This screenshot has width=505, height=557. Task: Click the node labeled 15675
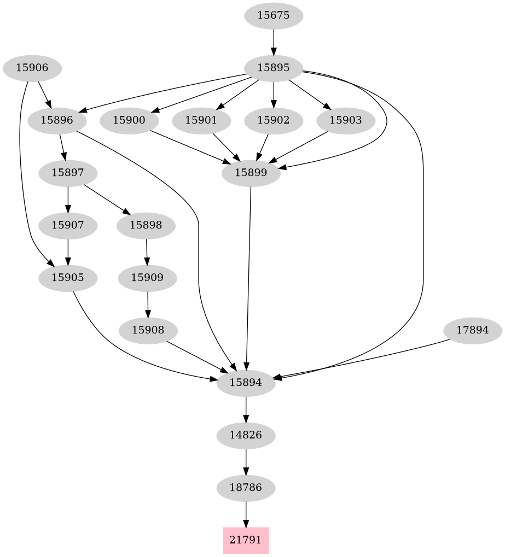point(273,15)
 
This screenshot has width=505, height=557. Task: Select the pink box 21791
point(246,540)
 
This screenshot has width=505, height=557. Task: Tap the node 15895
point(273,68)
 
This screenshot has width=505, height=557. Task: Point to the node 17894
point(472,331)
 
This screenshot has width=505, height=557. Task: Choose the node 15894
point(246,383)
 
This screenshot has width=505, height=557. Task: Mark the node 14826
point(246,436)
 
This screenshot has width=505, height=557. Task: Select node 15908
point(148,331)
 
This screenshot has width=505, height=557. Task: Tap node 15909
point(147,278)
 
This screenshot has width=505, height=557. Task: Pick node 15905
point(68,278)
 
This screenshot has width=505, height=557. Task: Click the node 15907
point(68,225)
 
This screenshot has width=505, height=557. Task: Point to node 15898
point(146,225)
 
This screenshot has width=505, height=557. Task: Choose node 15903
point(346,120)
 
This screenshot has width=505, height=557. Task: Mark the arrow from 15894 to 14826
point(246,409)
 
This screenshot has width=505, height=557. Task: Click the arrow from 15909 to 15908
point(148,304)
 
